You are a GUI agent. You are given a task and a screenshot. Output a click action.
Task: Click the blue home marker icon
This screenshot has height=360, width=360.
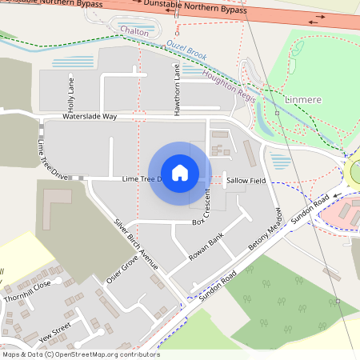[180, 172]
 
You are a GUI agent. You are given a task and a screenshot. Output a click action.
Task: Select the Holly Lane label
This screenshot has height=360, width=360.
[71, 93]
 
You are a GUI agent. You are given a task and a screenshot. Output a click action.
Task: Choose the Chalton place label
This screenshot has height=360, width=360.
[134, 30]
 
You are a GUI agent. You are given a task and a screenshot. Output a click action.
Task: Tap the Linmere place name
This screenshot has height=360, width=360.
[305, 100]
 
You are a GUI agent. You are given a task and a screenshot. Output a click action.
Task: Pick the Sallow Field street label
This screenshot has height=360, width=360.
[246, 181]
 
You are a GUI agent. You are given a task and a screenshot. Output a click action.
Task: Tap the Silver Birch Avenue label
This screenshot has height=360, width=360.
[136, 243]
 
